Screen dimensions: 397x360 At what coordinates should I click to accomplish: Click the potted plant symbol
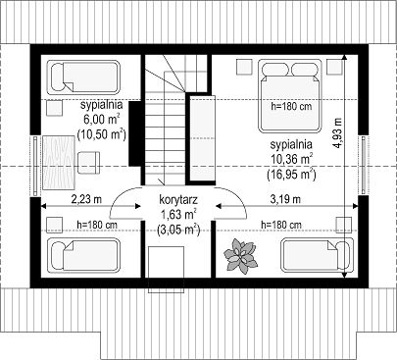click(x=240, y=256)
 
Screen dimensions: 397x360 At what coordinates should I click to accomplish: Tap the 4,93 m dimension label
click(x=338, y=132)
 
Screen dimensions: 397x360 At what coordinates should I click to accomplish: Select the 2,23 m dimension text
click(x=86, y=199)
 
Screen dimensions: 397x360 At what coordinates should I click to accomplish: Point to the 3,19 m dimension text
click(x=285, y=199)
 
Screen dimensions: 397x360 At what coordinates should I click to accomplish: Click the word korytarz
click(x=178, y=200)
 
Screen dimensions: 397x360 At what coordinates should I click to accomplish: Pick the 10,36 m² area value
click(x=291, y=159)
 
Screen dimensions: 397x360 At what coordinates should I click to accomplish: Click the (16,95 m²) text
click(x=291, y=175)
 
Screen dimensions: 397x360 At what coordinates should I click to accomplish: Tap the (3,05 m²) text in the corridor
click(x=178, y=230)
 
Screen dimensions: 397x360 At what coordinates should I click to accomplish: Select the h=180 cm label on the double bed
click(x=291, y=106)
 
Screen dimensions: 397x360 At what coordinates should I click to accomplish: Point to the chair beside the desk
click(x=89, y=163)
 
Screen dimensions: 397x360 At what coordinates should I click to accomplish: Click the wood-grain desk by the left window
click(x=59, y=163)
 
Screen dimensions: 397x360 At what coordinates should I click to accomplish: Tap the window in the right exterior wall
click(x=363, y=163)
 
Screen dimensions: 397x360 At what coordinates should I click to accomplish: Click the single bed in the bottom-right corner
click(x=317, y=255)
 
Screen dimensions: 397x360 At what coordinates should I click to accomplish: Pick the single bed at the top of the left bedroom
click(x=83, y=77)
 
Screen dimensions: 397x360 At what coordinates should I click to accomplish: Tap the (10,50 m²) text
click(x=101, y=134)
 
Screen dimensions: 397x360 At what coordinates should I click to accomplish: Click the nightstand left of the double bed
click(x=244, y=67)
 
